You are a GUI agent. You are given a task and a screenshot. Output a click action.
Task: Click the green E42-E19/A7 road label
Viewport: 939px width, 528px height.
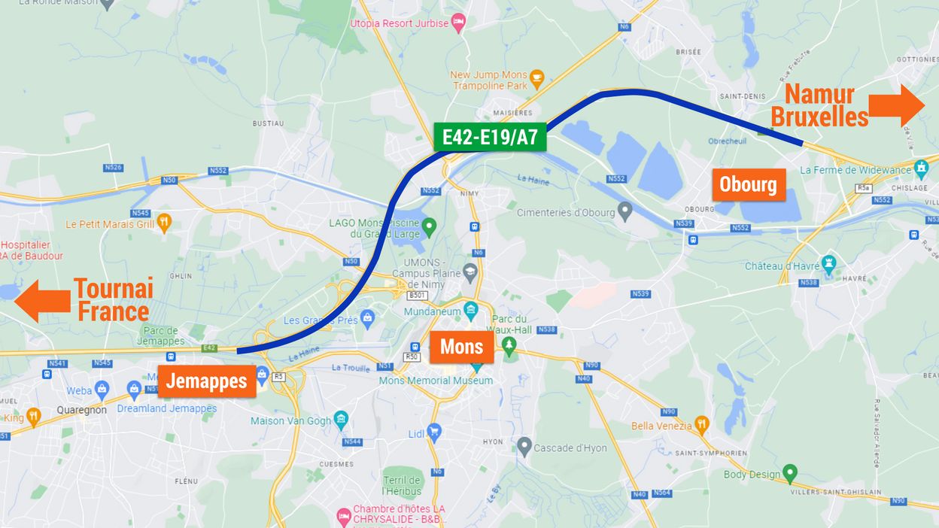click(490, 137)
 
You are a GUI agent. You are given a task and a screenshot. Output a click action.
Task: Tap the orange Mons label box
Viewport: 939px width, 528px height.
click(461, 347)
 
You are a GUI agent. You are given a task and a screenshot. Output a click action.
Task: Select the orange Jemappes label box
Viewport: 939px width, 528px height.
click(206, 381)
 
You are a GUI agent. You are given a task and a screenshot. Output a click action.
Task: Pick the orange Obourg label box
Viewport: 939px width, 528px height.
click(748, 184)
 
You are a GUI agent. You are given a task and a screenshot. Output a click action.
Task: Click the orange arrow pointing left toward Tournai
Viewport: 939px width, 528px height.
click(42, 301)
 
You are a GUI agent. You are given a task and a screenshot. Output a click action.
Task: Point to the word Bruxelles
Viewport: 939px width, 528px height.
click(819, 117)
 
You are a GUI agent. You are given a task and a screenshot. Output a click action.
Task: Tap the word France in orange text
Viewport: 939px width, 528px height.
click(113, 311)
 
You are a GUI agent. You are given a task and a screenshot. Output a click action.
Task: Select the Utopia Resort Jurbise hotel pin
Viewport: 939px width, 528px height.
click(457, 23)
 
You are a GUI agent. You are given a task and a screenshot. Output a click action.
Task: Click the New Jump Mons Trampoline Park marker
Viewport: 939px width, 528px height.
click(536, 76)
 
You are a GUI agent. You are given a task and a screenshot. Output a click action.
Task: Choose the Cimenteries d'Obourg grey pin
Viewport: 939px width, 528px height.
click(624, 211)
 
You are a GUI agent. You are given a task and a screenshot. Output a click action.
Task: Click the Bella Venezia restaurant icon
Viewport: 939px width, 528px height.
click(701, 424)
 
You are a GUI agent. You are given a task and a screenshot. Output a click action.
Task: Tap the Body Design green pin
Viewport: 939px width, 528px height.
click(789, 473)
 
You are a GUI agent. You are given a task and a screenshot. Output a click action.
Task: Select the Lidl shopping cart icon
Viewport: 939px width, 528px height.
click(434, 431)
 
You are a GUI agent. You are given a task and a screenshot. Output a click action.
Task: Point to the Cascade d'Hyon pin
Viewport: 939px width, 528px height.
click(524, 447)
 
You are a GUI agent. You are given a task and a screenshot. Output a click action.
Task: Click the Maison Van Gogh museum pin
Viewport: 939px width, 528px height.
click(341, 419)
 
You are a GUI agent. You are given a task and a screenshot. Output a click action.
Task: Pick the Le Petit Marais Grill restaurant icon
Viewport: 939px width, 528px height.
click(164, 223)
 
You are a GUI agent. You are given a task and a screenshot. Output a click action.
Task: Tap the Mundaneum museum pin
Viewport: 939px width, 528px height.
click(470, 310)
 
